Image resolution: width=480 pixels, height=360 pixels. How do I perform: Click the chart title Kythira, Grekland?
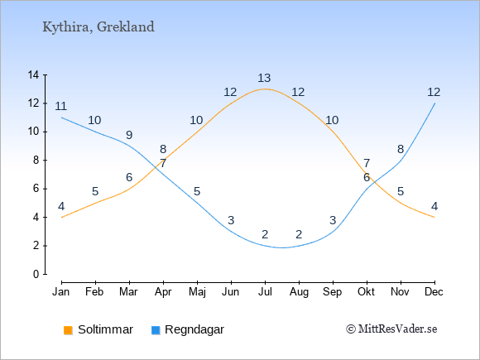tap(98, 27)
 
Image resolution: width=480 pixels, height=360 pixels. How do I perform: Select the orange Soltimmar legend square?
tap(68, 330)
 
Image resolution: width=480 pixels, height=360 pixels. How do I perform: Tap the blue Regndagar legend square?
tap(156, 330)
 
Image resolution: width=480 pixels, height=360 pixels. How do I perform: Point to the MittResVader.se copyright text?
tap(391, 329)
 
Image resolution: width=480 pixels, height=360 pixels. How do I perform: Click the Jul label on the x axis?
tap(265, 292)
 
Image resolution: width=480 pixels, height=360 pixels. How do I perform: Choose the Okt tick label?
tap(366, 292)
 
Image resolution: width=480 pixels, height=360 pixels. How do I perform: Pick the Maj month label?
tap(197, 292)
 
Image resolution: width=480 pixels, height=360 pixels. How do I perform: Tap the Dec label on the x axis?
tap(434, 292)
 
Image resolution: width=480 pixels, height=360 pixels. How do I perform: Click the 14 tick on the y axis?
tap(33, 74)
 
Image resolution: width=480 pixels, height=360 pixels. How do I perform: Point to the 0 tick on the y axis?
tap(36, 274)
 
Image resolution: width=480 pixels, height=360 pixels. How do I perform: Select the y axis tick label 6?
tap(36, 189)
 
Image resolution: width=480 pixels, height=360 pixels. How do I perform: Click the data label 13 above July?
tap(264, 78)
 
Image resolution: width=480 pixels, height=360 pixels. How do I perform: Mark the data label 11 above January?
tap(61, 106)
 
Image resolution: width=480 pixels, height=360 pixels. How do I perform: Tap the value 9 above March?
tap(129, 135)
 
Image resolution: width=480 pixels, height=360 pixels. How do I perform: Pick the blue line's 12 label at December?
tap(434, 92)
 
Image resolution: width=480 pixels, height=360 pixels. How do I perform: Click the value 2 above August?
tap(299, 234)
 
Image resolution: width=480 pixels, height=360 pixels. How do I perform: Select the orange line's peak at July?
tap(265, 89)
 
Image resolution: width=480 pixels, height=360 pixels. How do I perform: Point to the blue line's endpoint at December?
tap(434, 103)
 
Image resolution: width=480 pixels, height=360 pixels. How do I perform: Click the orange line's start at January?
tap(62, 218)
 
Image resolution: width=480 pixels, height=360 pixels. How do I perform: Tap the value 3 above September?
tap(333, 220)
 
